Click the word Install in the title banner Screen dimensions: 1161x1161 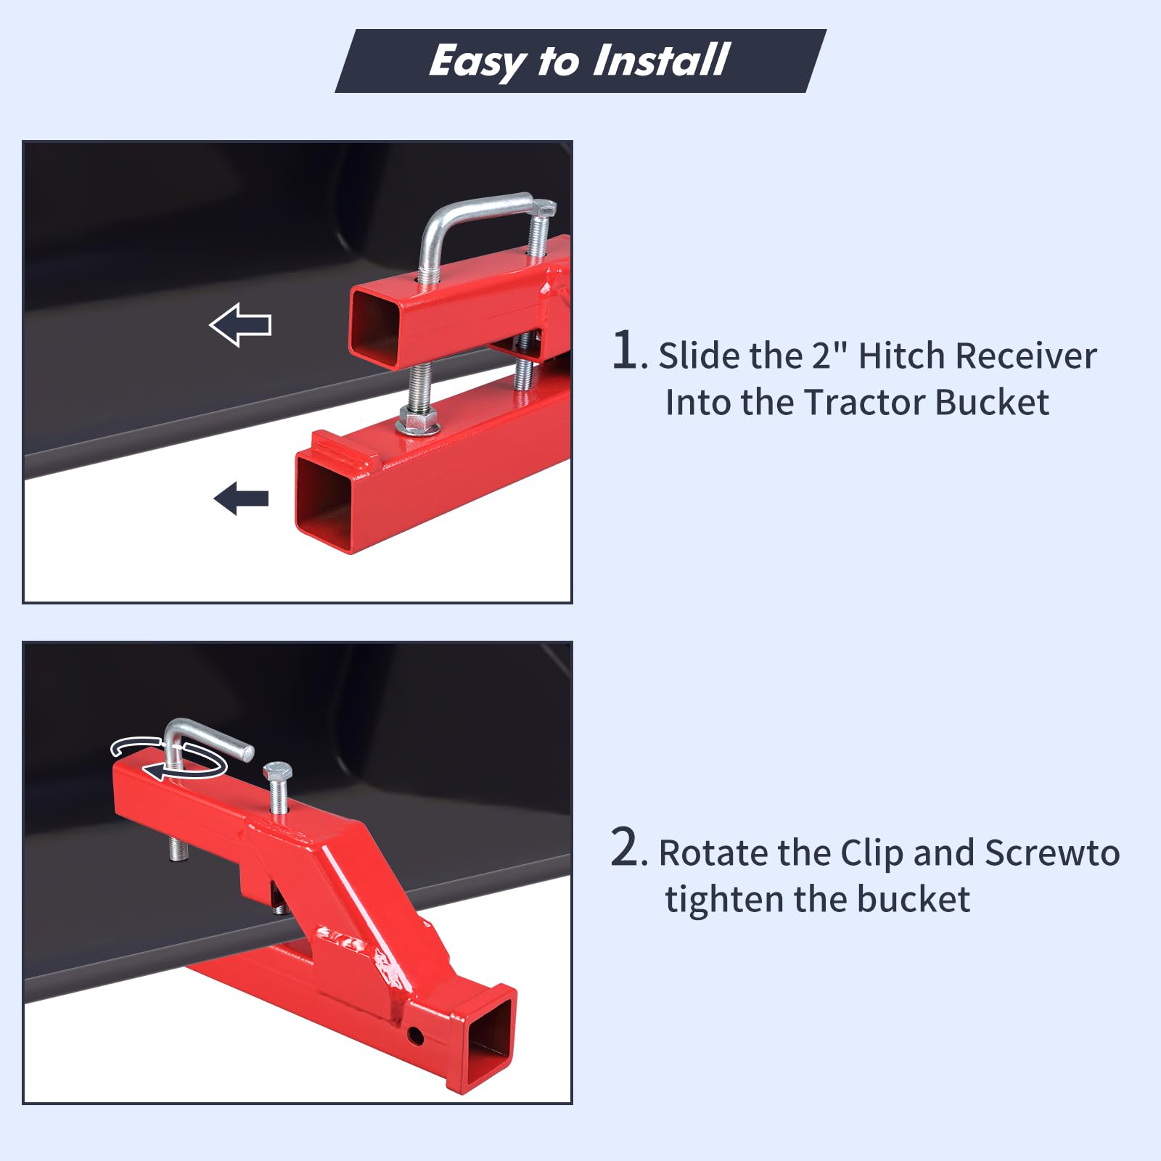click(661, 60)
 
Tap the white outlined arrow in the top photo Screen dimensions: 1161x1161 click(240, 324)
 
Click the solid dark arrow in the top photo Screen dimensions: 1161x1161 click(241, 499)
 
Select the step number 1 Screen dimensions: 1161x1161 click(625, 350)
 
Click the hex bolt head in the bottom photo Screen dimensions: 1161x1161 click(277, 771)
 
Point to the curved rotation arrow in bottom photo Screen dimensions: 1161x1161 click(168, 759)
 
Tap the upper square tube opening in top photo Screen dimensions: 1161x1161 click(376, 325)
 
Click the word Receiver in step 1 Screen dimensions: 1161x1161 click(1026, 356)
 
